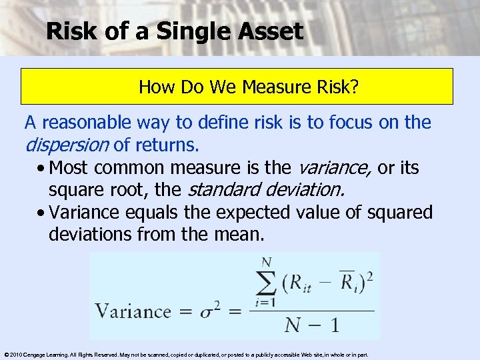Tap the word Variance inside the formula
tap(133, 311)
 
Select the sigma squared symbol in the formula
tap(201, 311)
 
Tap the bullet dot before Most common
tap(42, 167)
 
